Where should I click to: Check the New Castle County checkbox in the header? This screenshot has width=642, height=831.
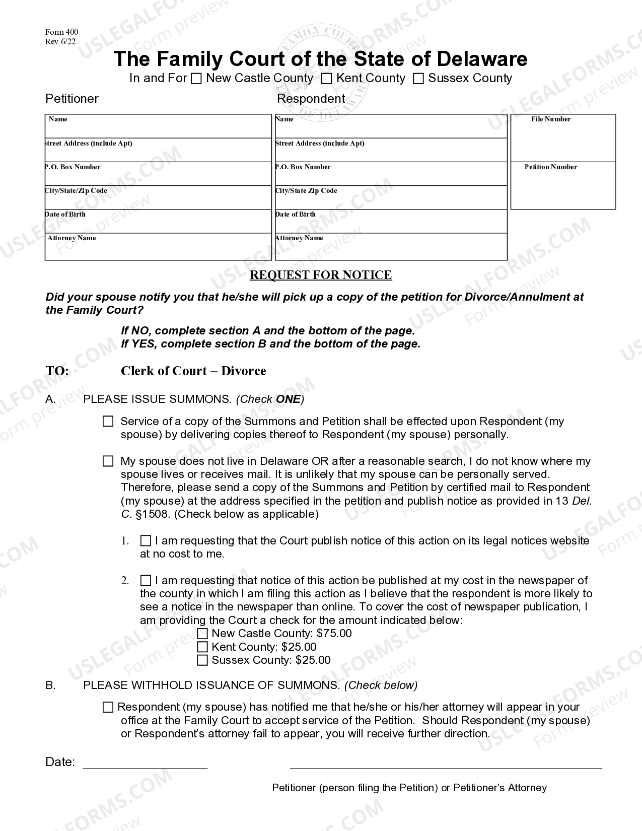click(197, 79)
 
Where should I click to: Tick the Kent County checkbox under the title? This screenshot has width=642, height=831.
click(327, 79)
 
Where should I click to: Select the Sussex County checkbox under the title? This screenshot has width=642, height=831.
click(418, 79)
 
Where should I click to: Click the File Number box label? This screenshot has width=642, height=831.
click(550, 119)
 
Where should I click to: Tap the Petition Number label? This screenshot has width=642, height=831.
click(550, 167)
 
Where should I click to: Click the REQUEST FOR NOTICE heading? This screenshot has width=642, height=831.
click(321, 275)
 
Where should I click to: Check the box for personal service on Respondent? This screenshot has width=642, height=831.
click(108, 422)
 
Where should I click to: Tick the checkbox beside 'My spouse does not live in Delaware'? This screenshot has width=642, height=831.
click(108, 461)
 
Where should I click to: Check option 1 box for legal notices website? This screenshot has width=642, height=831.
click(146, 541)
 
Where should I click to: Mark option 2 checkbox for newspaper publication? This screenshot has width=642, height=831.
click(146, 581)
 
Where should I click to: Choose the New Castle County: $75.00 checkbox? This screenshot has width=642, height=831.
click(202, 634)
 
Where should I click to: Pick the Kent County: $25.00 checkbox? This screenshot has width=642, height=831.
click(202, 647)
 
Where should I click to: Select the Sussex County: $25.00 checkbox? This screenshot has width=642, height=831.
click(202, 660)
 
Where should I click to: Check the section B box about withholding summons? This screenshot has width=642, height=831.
click(108, 708)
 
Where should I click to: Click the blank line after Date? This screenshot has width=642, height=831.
click(145, 765)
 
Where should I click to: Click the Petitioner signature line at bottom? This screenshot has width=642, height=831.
click(446, 765)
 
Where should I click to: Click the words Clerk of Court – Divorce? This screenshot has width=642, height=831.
click(193, 371)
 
